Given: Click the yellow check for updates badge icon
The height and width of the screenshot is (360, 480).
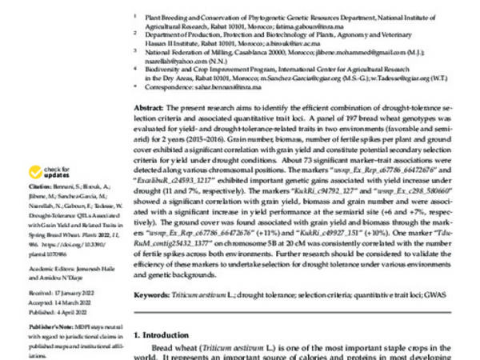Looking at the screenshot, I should (35, 172).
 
